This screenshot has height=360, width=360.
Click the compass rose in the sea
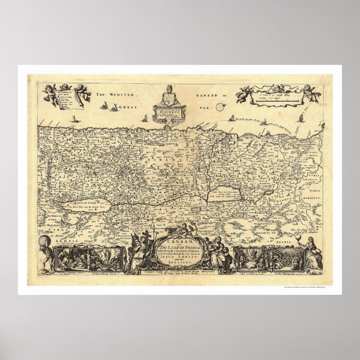pyautogui.click(x=220, y=107)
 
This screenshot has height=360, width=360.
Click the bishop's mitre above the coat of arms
pyautogui.click(x=170, y=87)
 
